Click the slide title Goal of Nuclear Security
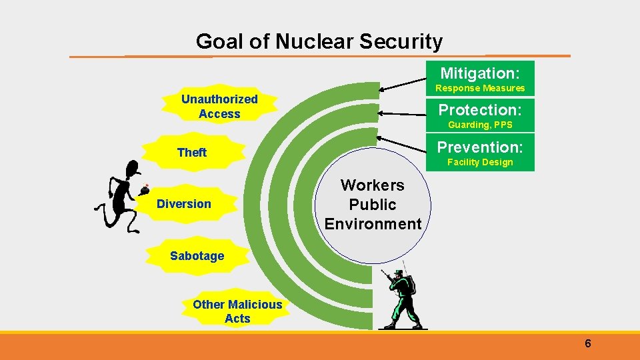[x=319, y=42]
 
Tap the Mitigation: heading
[x=479, y=72]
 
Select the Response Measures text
[x=480, y=88]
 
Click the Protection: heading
[x=479, y=109]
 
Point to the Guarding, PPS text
[x=480, y=125]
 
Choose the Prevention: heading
[x=480, y=147]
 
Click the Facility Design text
[x=480, y=162]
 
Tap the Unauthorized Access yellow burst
[x=219, y=107]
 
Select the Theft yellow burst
[x=192, y=153]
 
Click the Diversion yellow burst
[x=184, y=204]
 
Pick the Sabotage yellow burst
[x=197, y=255]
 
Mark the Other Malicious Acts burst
[x=237, y=311]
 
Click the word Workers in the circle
[x=373, y=185]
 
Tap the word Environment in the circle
[x=373, y=224]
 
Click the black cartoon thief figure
[x=120, y=197]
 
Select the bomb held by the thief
[x=144, y=190]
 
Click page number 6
[x=587, y=344]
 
